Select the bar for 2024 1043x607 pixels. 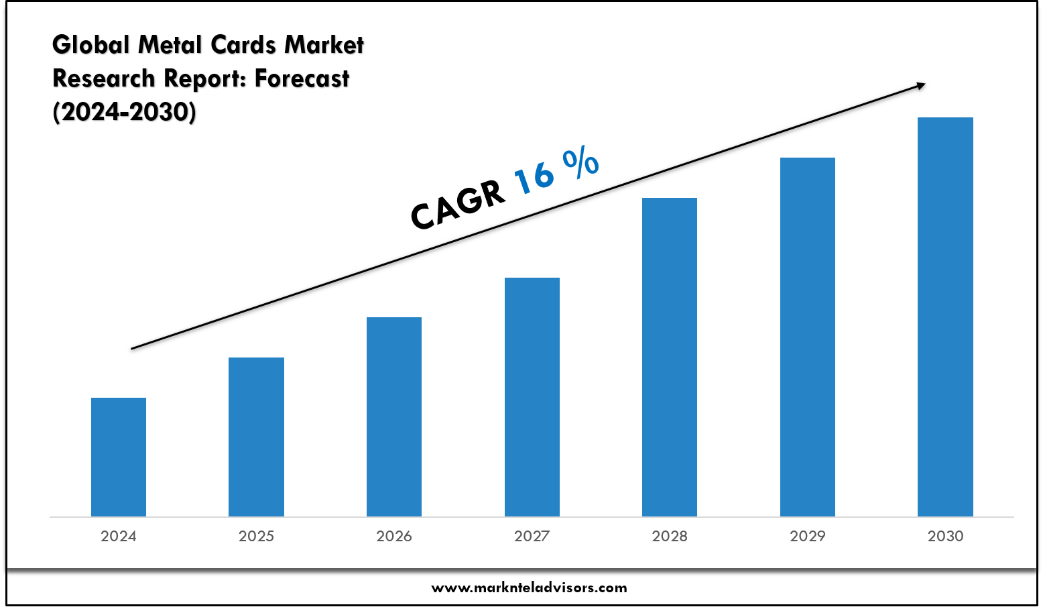(x=119, y=457)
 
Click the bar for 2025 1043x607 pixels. (x=256, y=437)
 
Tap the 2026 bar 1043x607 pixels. (x=394, y=417)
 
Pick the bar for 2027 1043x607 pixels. (x=532, y=396)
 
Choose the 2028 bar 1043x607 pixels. (x=670, y=357)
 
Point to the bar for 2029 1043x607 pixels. (x=808, y=337)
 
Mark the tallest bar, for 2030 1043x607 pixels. (x=945, y=317)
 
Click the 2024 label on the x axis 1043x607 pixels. (x=119, y=536)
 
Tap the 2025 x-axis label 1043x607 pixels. (x=256, y=536)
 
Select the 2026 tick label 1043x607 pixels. (x=394, y=536)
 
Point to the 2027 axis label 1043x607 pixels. (x=532, y=536)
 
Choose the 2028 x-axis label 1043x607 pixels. (x=670, y=536)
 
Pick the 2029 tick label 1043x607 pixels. (x=808, y=536)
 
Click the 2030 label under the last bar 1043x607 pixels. (x=945, y=536)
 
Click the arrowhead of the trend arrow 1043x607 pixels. (x=920, y=85)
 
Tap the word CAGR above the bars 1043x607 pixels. (x=458, y=204)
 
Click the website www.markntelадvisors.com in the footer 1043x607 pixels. (x=529, y=588)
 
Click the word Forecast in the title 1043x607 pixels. (x=302, y=78)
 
